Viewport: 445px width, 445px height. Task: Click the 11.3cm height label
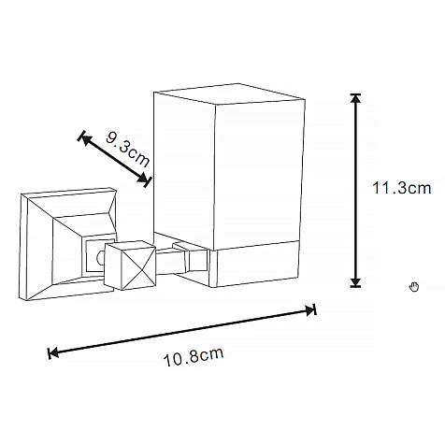[x=402, y=188]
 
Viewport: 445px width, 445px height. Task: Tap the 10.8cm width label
[x=194, y=357]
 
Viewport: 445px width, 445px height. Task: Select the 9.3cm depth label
[x=128, y=149]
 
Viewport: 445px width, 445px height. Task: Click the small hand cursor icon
[x=414, y=286]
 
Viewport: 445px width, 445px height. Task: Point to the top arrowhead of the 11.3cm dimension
[x=355, y=98]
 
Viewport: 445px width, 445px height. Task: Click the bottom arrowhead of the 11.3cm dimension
[x=355, y=282]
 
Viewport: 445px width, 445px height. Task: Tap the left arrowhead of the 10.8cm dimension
[x=53, y=353]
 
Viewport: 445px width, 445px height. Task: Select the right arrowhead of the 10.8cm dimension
[x=310, y=310]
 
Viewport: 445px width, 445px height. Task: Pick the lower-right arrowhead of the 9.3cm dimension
[x=143, y=179]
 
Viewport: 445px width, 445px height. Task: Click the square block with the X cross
[x=130, y=266]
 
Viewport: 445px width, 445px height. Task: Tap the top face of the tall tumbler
[x=229, y=93]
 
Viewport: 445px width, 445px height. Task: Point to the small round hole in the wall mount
[x=100, y=258]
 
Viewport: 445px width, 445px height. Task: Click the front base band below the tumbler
[x=255, y=264]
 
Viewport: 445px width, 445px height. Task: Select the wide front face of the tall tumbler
[x=259, y=175]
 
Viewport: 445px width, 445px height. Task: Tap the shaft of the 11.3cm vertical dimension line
[x=355, y=190]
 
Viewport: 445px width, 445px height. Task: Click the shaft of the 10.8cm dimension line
[x=182, y=332]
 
